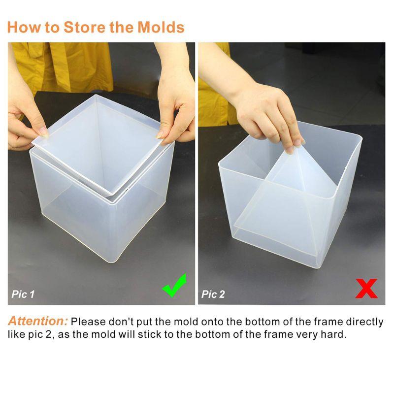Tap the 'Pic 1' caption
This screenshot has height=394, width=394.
pyautogui.click(x=23, y=295)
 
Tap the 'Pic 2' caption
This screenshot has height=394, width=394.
pyautogui.click(x=213, y=295)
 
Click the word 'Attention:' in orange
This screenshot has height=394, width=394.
pyautogui.click(x=37, y=322)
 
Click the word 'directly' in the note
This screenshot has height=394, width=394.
pyautogui.click(x=364, y=322)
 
